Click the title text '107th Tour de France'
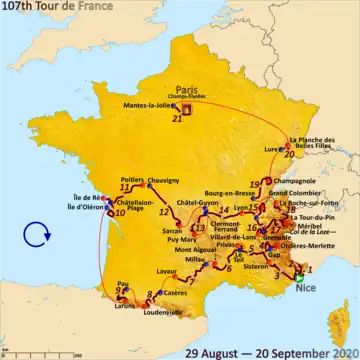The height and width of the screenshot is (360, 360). (60, 8)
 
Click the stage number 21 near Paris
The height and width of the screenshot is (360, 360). (177, 118)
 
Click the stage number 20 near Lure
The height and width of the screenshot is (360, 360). (288, 155)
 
